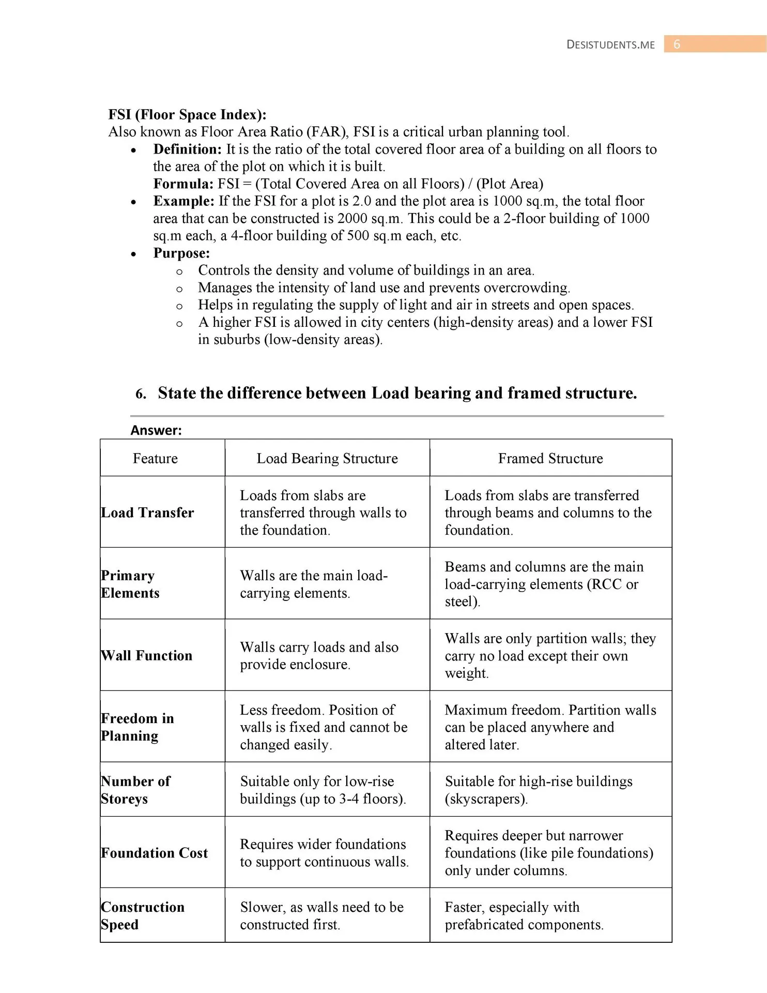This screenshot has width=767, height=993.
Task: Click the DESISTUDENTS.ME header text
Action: [x=610, y=44]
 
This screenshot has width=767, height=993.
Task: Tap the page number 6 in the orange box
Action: [x=677, y=44]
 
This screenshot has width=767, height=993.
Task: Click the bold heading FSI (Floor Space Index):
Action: [x=187, y=114]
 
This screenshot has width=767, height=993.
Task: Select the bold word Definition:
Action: [x=187, y=149]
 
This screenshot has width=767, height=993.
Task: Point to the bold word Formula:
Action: [x=183, y=184]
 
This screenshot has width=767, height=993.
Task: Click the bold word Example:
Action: [x=183, y=201]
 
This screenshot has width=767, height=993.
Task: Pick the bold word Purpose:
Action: [x=181, y=253]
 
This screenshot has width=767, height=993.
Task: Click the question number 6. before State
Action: [x=141, y=394]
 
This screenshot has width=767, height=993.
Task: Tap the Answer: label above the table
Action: [x=156, y=430]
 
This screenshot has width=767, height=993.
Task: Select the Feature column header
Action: [x=155, y=458]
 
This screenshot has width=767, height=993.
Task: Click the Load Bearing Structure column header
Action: [x=327, y=458]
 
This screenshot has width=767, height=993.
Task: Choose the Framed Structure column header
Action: [x=550, y=458]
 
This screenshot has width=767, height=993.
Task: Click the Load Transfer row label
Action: [x=148, y=513]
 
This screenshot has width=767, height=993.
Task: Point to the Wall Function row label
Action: [x=147, y=655]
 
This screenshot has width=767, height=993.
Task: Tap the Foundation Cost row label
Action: [x=155, y=853]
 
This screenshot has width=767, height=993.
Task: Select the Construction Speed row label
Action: [x=143, y=915]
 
